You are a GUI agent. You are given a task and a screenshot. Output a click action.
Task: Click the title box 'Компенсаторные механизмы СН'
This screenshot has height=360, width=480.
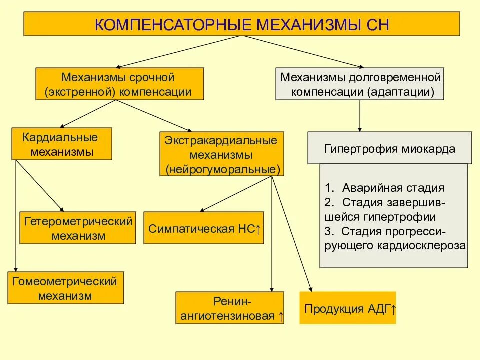242,24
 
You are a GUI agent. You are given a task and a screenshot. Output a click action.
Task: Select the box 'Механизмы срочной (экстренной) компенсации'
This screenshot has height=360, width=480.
120,84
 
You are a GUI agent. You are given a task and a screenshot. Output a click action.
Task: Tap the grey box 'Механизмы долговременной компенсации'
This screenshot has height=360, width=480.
360,84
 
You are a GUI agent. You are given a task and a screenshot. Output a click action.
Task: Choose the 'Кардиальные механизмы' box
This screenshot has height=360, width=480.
62,144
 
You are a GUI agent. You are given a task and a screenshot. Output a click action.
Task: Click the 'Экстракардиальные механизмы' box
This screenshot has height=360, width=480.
222,154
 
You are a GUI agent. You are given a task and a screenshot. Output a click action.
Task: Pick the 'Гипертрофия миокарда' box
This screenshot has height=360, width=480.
389,148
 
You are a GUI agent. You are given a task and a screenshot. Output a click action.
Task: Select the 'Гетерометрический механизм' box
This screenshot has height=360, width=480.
78,228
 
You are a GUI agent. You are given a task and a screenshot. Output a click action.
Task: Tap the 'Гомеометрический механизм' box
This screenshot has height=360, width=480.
65,288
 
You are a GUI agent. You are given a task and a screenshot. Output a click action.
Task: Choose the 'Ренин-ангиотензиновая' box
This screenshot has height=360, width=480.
230,308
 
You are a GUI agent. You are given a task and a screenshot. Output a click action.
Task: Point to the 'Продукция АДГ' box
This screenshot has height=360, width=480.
348,308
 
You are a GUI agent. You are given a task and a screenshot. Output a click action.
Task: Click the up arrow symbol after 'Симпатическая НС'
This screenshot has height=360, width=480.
257,230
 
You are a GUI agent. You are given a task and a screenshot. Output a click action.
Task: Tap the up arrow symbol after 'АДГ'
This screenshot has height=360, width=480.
393,308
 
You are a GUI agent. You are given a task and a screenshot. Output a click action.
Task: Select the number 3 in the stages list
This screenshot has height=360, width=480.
327,232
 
